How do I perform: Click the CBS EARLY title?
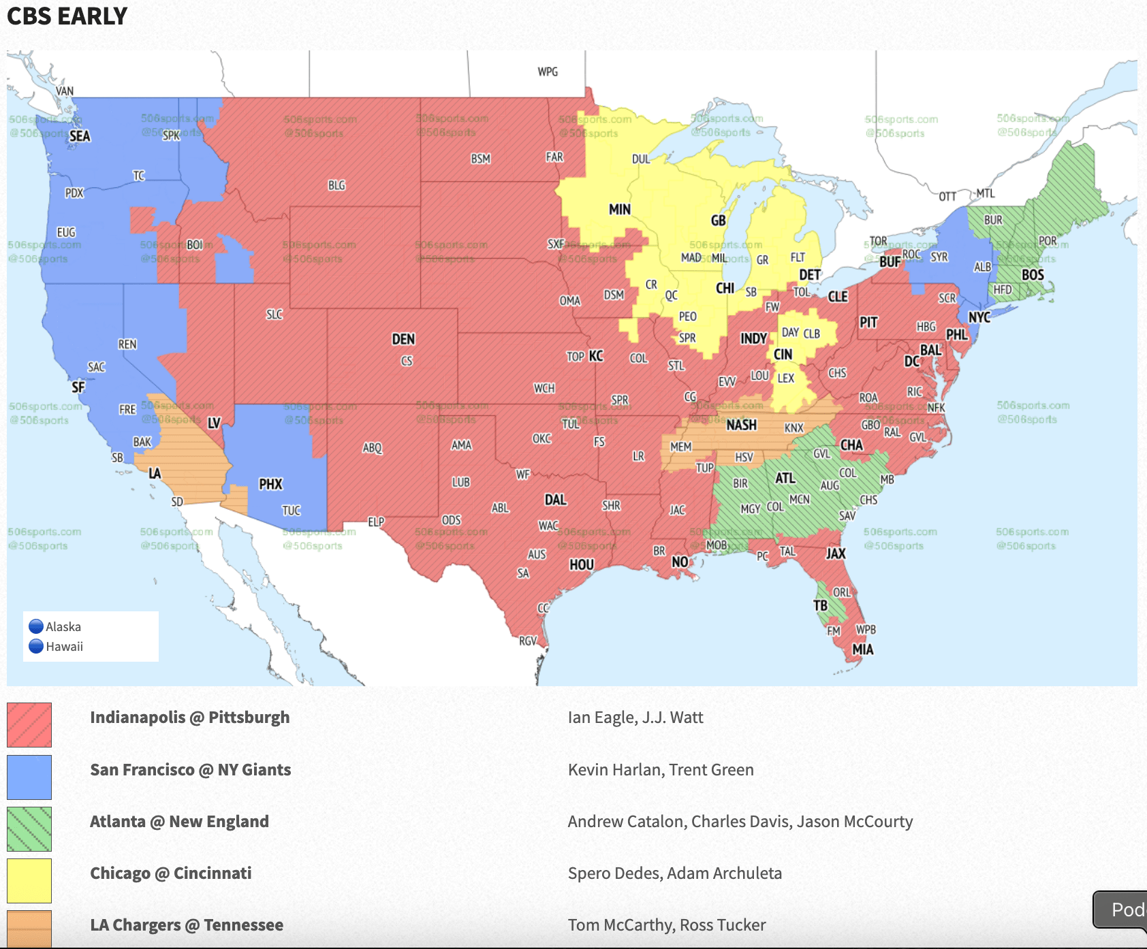[67, 16]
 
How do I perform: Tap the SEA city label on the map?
[80, 136]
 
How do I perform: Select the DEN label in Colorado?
[403, 339]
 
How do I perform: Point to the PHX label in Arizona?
[270, 484]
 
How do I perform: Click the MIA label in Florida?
[862, 649]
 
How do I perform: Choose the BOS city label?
[1033, 275]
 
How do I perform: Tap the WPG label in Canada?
[548, 71]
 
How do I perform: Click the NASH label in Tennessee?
[741, 425]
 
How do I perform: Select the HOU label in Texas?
[582, 564]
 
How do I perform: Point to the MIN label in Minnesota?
[619, 210]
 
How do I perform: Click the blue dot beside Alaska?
[36, 626]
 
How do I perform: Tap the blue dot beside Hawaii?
[36, 646]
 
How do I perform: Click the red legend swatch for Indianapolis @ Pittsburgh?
[29, 725]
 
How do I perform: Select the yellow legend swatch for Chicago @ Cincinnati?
[29, 880]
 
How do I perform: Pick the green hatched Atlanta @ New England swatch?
[29, 829]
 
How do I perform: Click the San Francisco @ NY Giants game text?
[191, 770]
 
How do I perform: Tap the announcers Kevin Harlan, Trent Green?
[661, 770]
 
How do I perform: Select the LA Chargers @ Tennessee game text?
[187, 925]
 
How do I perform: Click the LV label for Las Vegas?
[214, 423]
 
